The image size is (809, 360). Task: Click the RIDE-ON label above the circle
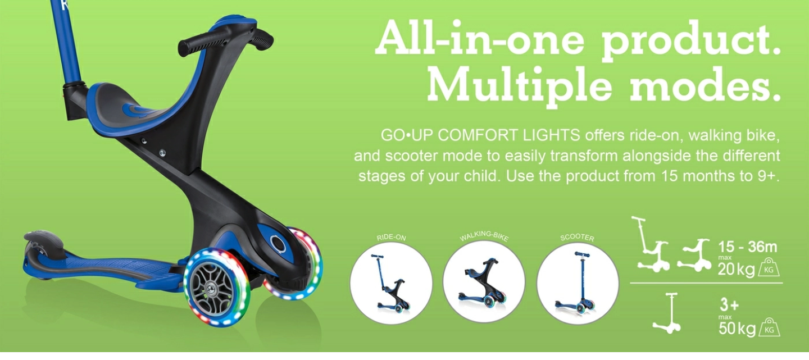pyautogui.click(x=391, y=238)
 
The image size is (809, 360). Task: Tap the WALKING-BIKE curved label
pyautogui.click(x=484, y=236)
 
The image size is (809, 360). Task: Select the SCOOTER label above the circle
pyautogui.click(x=577, y=237)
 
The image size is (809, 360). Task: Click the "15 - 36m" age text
pyautogui.click(x=747, y=247)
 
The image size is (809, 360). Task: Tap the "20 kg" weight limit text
pyautogui.click(x=737, y=270)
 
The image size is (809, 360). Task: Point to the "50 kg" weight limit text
pyautogui.click(x=737, y=329)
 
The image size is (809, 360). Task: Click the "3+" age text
pyautogui.click(x=729, y=306)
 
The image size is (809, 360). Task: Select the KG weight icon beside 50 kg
pyautogui.click(x=769, y=327)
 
